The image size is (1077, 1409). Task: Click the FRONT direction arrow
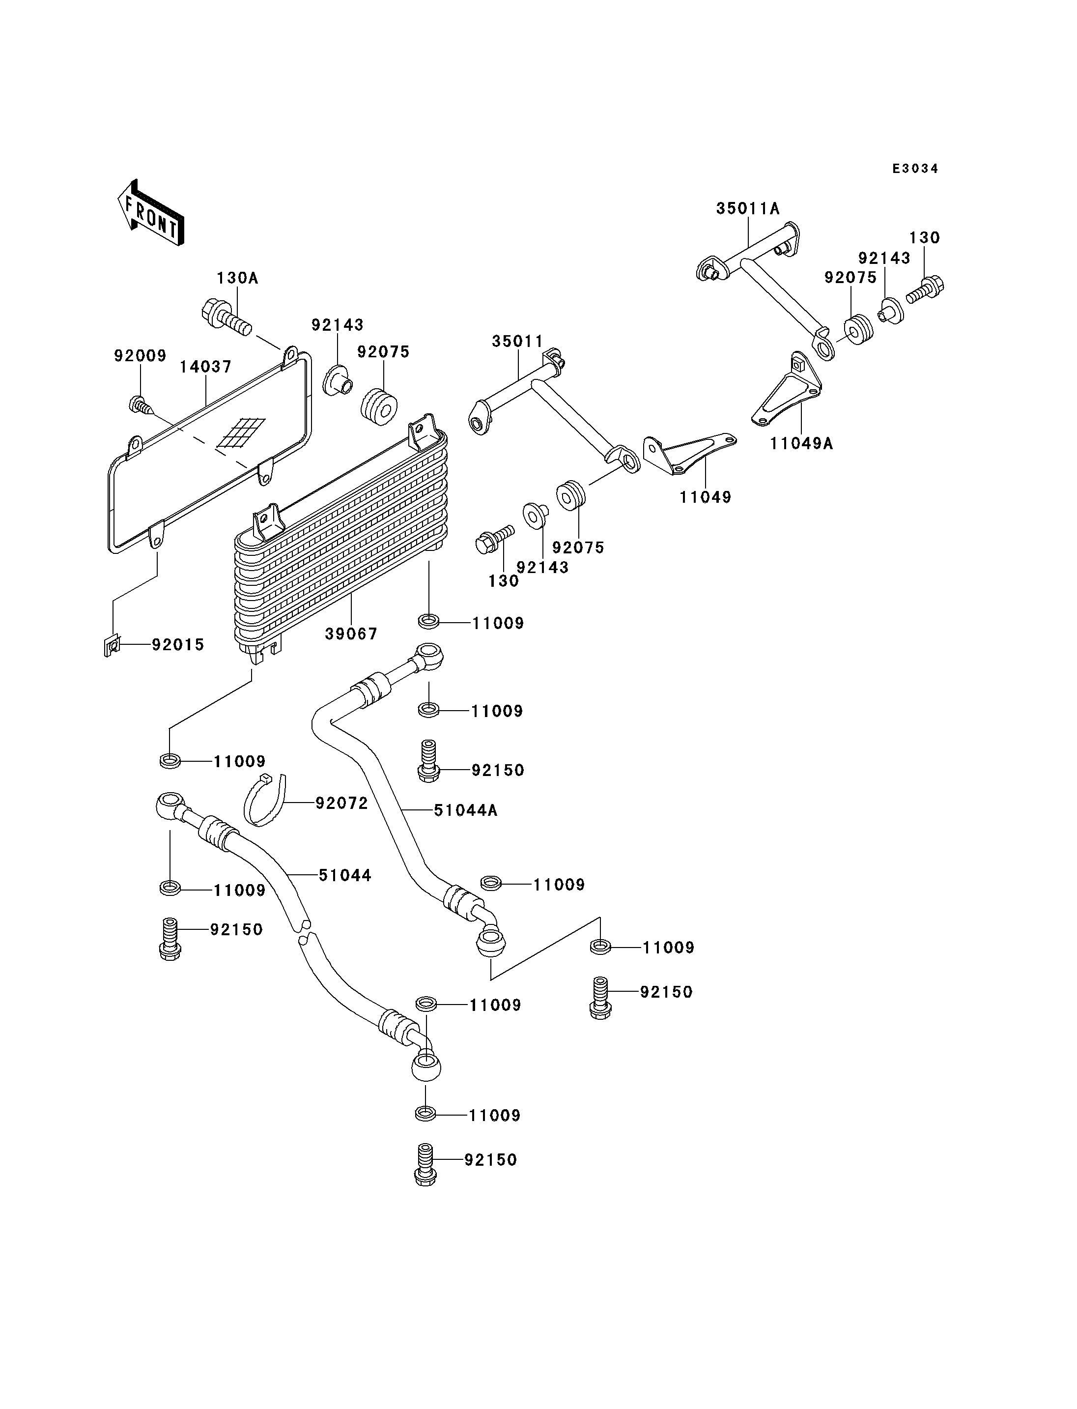(x=151, y=213)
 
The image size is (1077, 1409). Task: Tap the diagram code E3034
(x=915, y=169)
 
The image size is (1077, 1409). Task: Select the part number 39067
(x=351, y=633)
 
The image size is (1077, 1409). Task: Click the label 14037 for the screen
(x=205, y=367)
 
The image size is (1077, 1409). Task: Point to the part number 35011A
(x=747, y=208)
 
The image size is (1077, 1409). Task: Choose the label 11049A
(x=801, y=443)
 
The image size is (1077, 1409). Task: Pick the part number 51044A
(x=465, y=810)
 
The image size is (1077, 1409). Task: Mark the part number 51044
(x=345, y=875)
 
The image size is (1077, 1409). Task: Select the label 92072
(x=341, y=803)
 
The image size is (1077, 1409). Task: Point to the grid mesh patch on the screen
(x=241, y=433)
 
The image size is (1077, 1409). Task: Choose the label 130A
(x=237, y=278)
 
